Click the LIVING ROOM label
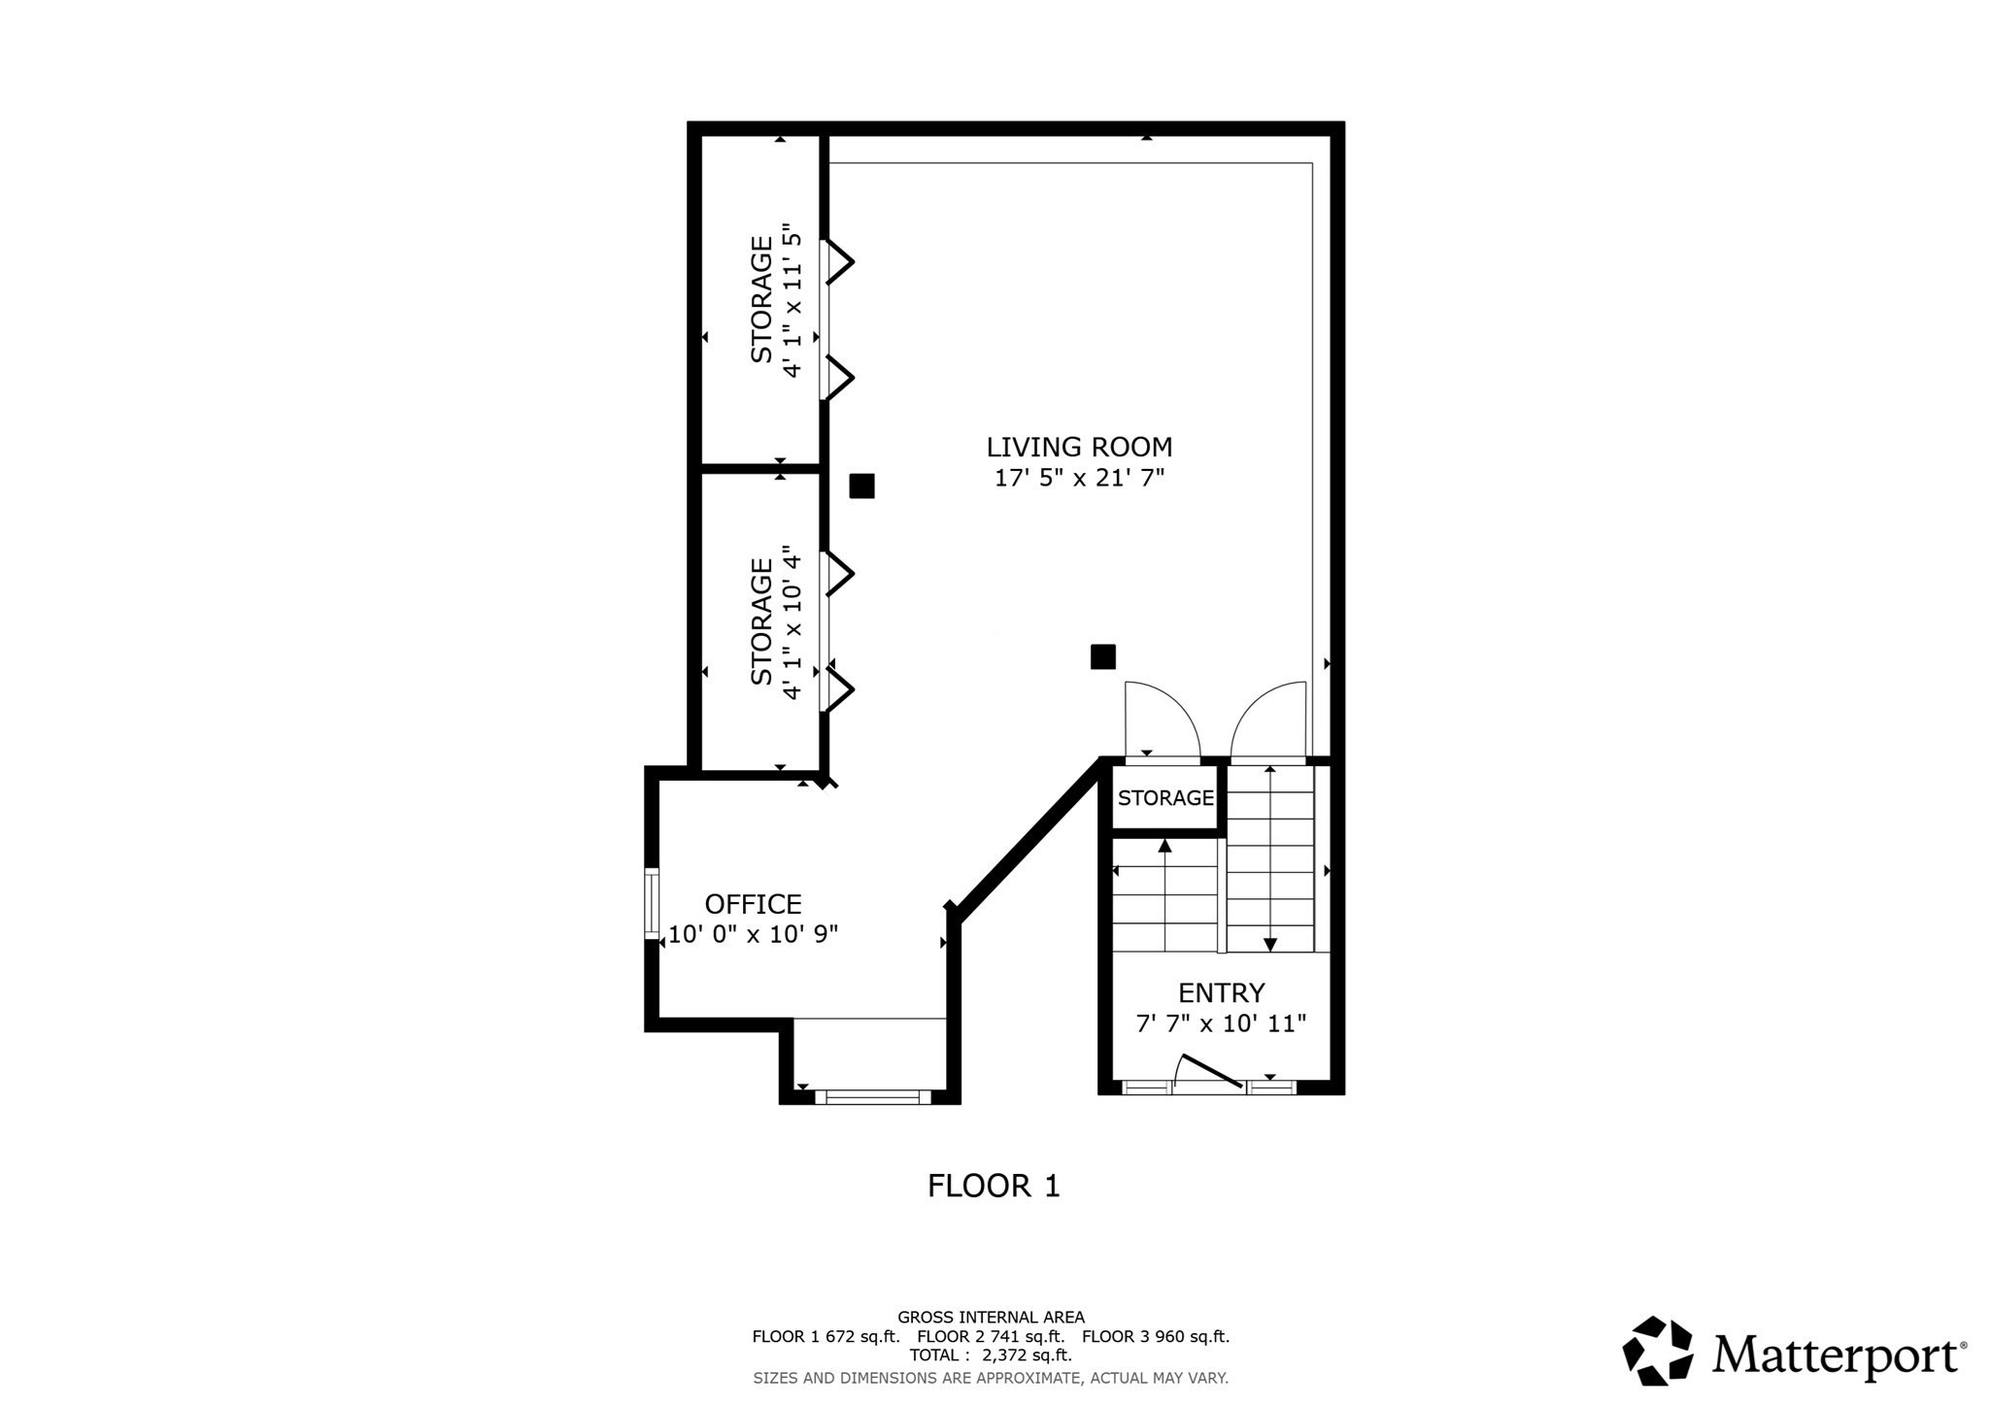[x=1079, y=447]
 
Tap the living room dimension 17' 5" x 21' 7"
[x=1079, y=478]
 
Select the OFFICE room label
[x=753, y=904]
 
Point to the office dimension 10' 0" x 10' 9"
[x=753, y=935]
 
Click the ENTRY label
[x=1221, y=992]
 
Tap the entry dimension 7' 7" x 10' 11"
[x=1221, y=1023]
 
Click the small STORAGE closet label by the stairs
[x=1165, y=798]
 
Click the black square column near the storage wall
[x=861, y=485]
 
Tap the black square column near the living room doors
[x=1102, y=657]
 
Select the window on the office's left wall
[x=652, y=903]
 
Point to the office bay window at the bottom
[x=872, y=1097]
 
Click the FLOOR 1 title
[x=994, y=1186]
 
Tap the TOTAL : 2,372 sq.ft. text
[x=991, y=1355]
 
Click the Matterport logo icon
[x=1658, y=1351]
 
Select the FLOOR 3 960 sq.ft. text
[x=1156, y=1336]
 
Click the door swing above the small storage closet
[x=1161, y=719]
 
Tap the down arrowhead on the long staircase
[x=1269, y=945]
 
